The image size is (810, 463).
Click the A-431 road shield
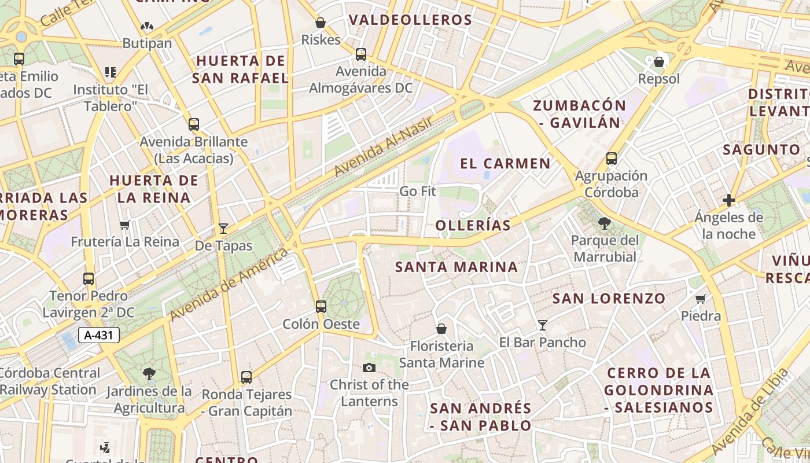(98, 335)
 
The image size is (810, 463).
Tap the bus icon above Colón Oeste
(321, 307)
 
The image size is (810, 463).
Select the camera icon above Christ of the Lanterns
(369, 368)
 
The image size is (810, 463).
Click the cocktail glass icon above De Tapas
(223, 229)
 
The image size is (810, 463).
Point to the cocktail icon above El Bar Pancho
(543, 325)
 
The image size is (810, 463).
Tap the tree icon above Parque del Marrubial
(605, 223)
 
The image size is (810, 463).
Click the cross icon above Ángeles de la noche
(729, 200)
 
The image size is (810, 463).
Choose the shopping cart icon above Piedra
(701, 299)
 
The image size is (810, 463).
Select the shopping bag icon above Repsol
(658, 61)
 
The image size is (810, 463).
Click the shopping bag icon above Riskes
(321, 23)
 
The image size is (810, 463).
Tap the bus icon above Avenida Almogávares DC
(361, 54)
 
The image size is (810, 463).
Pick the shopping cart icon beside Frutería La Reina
(124, 225)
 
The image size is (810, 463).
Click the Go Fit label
(418, 191)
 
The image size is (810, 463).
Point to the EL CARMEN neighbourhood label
(505, 163)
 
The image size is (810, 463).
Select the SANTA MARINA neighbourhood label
(456, 267)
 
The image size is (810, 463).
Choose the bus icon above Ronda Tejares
(246, 377)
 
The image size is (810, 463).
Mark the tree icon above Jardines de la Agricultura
(149, 374)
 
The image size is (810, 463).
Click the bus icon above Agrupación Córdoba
(612, 159)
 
